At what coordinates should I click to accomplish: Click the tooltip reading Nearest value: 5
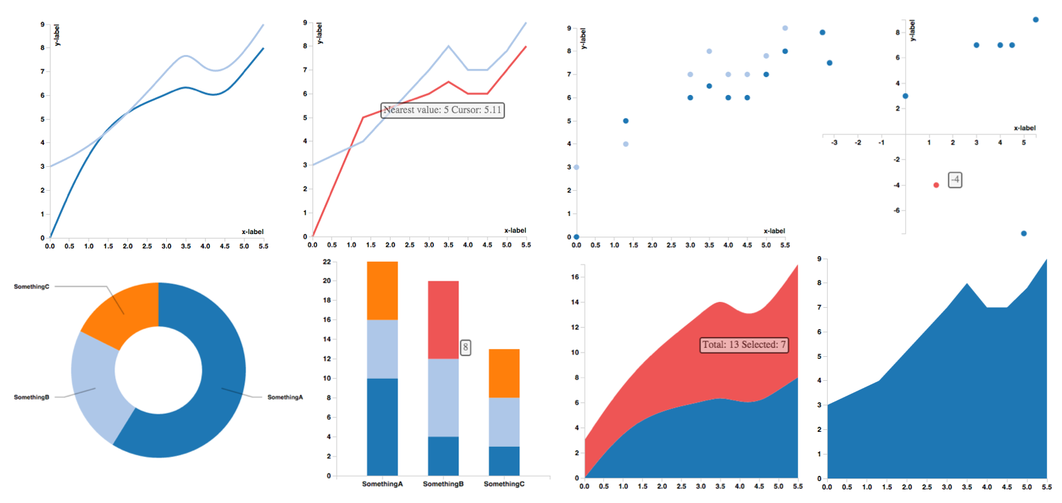tap(442, 110)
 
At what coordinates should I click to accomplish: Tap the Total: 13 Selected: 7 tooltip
tap(744, 345)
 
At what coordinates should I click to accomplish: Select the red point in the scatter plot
tap(936, 185)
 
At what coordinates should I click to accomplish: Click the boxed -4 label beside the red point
tap(955, 180)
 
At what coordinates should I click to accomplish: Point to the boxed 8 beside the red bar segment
tap(465, 347)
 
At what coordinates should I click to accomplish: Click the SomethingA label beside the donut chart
tap(285, 397)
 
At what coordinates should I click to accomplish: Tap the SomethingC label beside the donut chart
tap(31, 286)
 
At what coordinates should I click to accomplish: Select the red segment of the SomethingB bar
tap(443, 319)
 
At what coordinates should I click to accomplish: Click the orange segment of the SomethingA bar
tap(382, 290)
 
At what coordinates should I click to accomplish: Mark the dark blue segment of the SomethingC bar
tap(504, 461)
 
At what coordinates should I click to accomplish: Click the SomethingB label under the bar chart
tap(443, 484)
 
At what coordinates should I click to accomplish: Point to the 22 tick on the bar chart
tap(327, 262)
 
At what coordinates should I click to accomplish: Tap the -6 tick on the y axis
tap(896, 210)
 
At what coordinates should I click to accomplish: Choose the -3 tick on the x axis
tap(834, 142)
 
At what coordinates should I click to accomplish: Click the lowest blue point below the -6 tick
tap(1023, 233)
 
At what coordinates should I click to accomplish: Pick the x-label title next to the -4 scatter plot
tap(1024, 128)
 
